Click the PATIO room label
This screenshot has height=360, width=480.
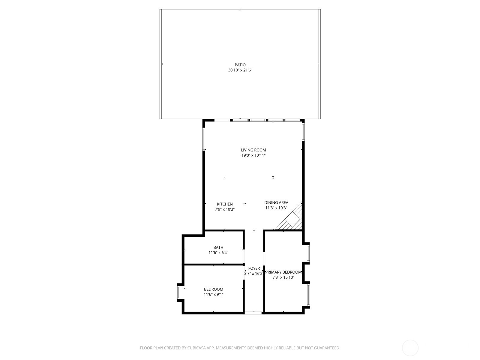240,65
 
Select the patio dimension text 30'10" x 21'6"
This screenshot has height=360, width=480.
240,70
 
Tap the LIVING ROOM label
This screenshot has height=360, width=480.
253,150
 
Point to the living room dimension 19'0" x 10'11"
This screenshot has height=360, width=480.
253,155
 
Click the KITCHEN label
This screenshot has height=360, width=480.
225,204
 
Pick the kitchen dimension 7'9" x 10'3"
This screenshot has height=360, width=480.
225,209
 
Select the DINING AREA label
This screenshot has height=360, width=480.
276,202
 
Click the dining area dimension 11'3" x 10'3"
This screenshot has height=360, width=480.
276,208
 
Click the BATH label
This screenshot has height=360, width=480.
218,247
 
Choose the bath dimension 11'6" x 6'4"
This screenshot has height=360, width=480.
218,253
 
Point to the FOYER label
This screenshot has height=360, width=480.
254,268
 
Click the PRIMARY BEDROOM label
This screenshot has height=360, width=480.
283,272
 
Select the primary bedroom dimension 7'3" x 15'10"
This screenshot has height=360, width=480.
283,277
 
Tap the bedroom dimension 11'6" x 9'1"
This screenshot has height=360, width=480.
214,294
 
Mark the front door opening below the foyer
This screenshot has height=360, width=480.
253,313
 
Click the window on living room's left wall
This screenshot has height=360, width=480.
203,139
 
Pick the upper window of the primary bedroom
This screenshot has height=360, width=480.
308,253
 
